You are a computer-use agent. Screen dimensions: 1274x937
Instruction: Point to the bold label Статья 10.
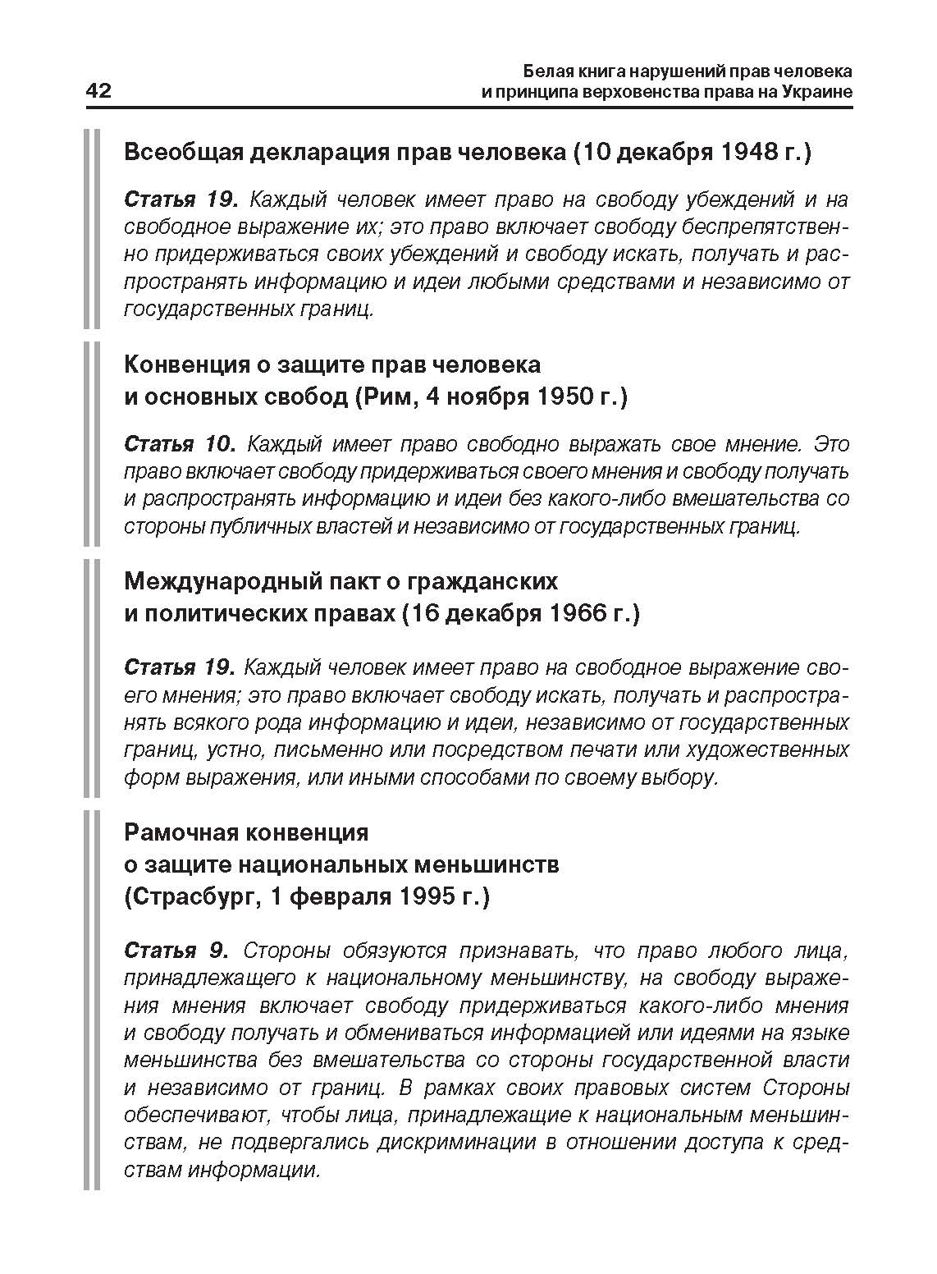tap(180, 444)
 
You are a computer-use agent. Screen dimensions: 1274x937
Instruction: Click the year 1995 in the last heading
tap(431, 896)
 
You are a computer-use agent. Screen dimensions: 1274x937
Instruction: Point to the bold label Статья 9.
tap(175, 951)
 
